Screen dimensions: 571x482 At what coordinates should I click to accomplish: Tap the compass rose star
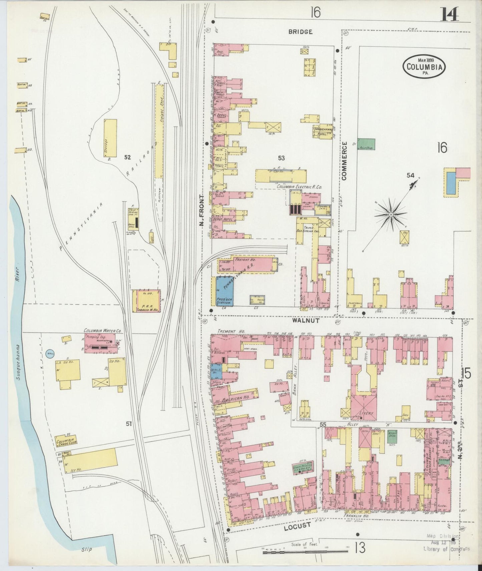[390, 215]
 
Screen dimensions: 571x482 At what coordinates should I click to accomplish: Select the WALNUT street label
[306, 320]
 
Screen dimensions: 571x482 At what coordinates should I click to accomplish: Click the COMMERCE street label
[344, 161]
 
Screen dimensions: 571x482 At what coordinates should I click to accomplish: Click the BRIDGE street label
[300, 32]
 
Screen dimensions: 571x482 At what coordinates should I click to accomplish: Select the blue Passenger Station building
[224, 291]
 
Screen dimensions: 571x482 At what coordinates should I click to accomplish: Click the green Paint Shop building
[366, 144]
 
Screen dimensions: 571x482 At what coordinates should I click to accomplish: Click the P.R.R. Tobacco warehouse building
[147, 301]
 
